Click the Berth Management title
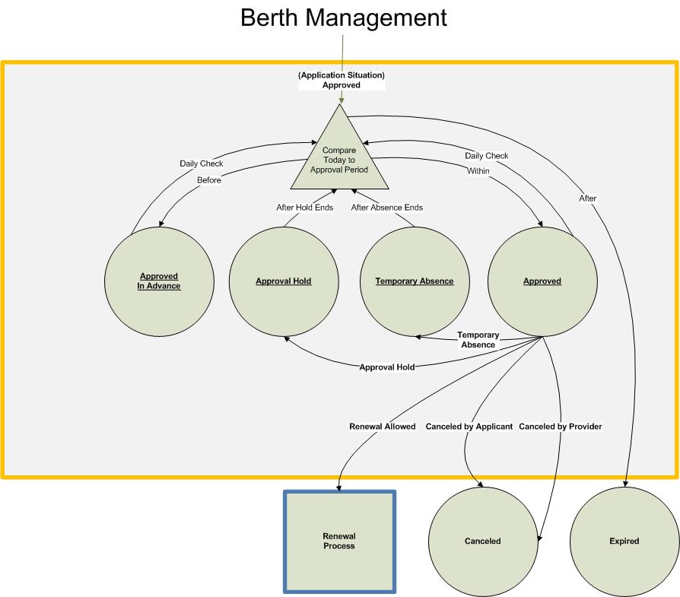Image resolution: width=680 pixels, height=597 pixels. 343,17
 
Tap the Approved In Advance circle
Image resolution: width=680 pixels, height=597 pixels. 160,281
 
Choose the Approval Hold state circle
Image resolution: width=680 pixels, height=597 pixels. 284,281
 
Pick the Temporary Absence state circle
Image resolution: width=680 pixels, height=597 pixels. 415,281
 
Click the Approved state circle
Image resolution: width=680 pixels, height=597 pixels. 542,281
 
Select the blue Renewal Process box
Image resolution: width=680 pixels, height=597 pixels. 339,541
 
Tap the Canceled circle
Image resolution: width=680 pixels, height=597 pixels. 483,541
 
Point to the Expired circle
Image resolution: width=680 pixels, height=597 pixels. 624,541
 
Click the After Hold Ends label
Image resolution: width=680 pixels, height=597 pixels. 304,208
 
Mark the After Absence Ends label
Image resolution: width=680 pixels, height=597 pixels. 386,208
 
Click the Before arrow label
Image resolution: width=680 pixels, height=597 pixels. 208,180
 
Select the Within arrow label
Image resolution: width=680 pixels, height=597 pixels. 478,172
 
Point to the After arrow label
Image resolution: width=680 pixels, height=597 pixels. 588,198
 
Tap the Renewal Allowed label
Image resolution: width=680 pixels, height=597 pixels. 383,427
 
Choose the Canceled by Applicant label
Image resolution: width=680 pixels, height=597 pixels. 469,427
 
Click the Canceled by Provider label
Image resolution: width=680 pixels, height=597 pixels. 561,427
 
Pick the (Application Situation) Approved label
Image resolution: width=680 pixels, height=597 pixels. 342,81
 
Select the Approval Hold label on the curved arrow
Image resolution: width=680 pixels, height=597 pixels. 387,367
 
